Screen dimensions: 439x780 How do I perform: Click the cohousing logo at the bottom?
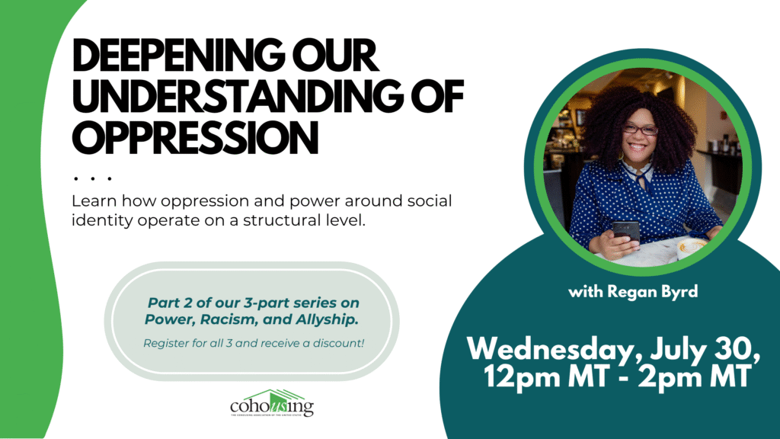pyautogui.click(x=272, y=404)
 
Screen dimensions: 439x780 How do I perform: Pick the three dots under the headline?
pyautogui.click(x=93, y=178)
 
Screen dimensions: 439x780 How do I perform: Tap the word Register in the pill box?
pyautogui.click(x=165, y=343)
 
